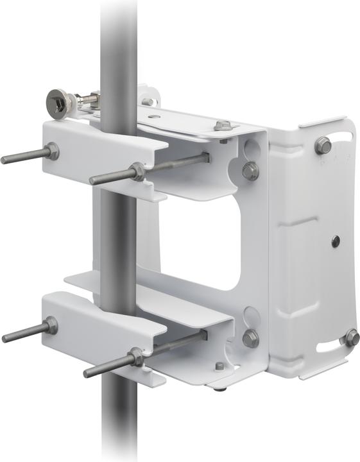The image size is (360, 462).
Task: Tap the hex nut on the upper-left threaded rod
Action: point(51,152)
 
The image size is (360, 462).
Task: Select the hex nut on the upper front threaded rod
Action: point(135,171)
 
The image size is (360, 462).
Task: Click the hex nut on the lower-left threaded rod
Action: point(50,326)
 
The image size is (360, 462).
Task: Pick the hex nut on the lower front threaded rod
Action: point(135,357)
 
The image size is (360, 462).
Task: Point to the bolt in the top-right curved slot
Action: point(323,146)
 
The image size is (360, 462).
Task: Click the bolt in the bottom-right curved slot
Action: point(352,337)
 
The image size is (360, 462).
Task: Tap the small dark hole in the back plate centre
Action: point(335,241)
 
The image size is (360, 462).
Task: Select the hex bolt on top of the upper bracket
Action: point(223,125)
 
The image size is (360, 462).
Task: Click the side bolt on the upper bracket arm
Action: point(250,171)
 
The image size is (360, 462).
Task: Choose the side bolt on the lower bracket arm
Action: point(250,338)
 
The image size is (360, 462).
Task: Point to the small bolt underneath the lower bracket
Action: point(220,367)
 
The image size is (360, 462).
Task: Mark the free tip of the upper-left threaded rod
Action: point(4,160)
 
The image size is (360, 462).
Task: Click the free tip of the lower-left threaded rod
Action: point(5,338)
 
